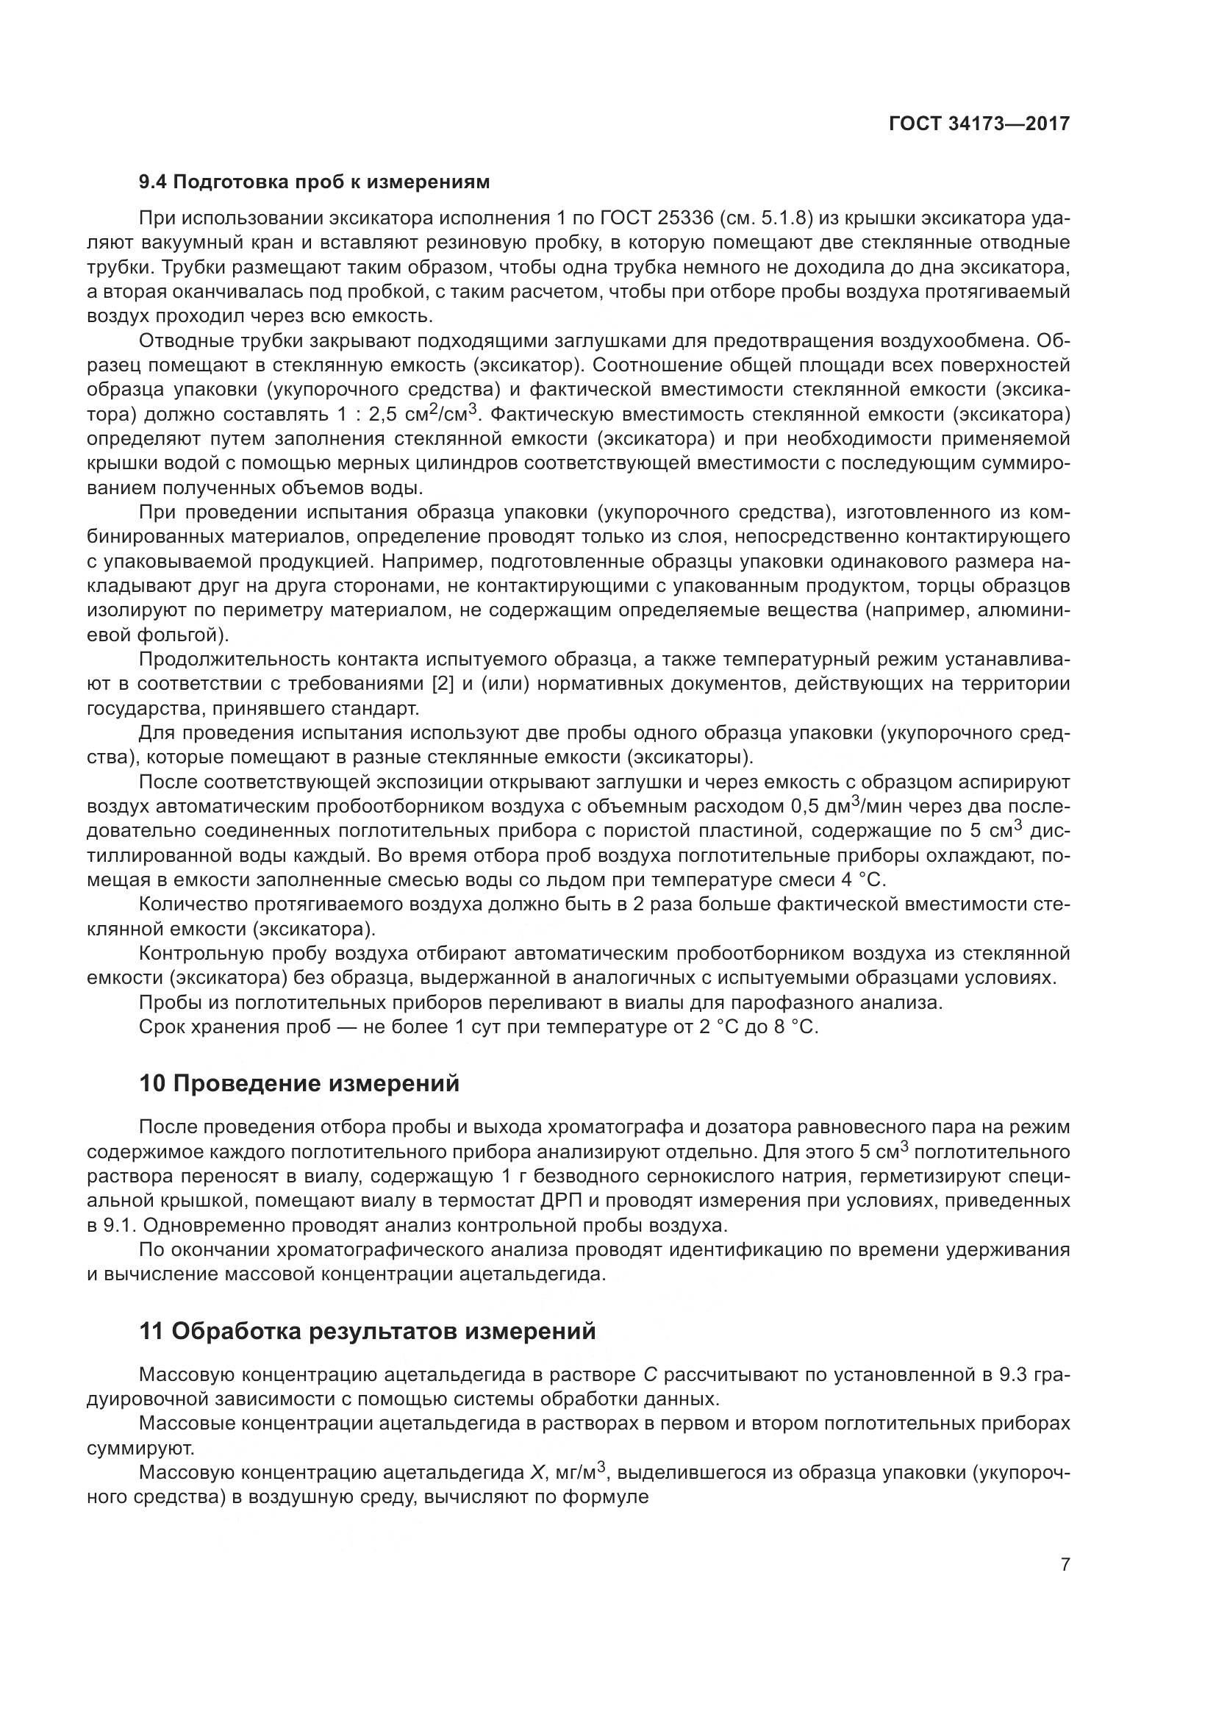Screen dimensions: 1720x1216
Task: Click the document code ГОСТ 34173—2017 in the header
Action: (x=979, y=123)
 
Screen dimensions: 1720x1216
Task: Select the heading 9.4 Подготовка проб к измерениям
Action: (x=315, y=182)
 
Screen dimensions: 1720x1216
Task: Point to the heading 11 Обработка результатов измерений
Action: (x=368, y=1331)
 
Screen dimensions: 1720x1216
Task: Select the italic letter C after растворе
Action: (x=650, y=1374)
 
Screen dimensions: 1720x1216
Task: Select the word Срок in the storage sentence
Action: (x=161, y=1027)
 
